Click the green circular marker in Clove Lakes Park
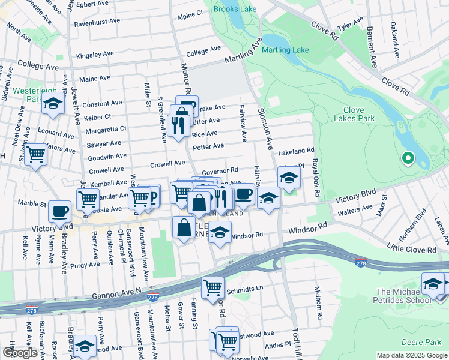(x=408, y=158)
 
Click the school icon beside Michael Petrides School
(x=432, y=284)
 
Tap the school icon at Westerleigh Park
(x=53, y=104)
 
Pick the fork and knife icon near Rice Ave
(x=178, y=125)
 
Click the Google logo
(x=20, y=353)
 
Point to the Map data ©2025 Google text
(x=411, y=355)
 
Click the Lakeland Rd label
(x=297, y=151)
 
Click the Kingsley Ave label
(x=94, y=55)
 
